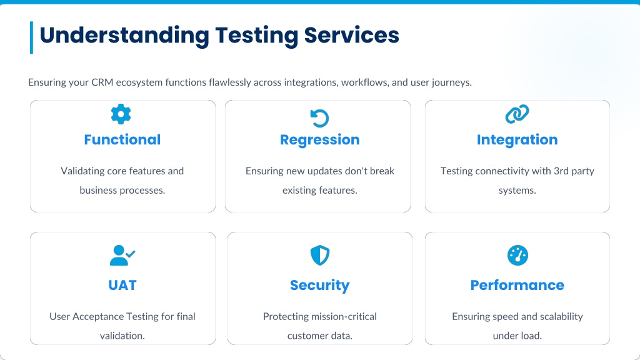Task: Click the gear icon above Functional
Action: tap(121, 114)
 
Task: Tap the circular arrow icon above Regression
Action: tap(319, 117)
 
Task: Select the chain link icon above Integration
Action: tap(517, 114)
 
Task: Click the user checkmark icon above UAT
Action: tap(122, 255)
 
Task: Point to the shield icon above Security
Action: tap(319, 255)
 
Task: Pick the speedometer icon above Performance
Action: tap(517, 255)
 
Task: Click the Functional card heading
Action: tap(122, 139)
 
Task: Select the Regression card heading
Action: tap(319, 139)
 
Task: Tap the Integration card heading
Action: tap(517, 139)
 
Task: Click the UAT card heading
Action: tap(122, 285)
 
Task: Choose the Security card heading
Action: tap(319, 285)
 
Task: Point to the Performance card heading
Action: tap(517, 285)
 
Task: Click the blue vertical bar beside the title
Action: tap(31, 37)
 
